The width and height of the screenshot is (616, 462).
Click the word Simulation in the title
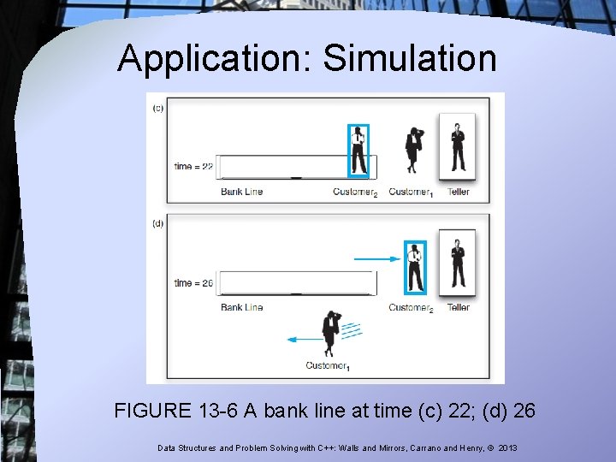coord(409,58)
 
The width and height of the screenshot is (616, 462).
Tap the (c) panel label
coord(157,108)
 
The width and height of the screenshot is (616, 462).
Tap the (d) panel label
coord(157,223)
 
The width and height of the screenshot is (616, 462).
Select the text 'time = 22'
coord(193,166)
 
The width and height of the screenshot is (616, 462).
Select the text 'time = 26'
coord(193,282)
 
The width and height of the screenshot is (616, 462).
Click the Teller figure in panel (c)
coord(458,147)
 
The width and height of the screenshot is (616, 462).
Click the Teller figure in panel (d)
coord(458,264)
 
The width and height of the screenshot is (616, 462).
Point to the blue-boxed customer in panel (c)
coord(358,151)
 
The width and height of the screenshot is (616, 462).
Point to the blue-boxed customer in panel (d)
coord(415,267)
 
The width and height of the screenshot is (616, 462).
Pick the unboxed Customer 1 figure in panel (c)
coord(415,150)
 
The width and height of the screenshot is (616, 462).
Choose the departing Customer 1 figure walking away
coord(330,334)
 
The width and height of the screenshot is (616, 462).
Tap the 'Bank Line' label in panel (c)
coord(241,192)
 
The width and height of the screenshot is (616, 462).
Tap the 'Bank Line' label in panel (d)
coord(241,307)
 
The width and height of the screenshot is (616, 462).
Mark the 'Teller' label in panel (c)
coord(459,192)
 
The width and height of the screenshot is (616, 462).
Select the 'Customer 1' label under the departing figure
coord(328,366)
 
